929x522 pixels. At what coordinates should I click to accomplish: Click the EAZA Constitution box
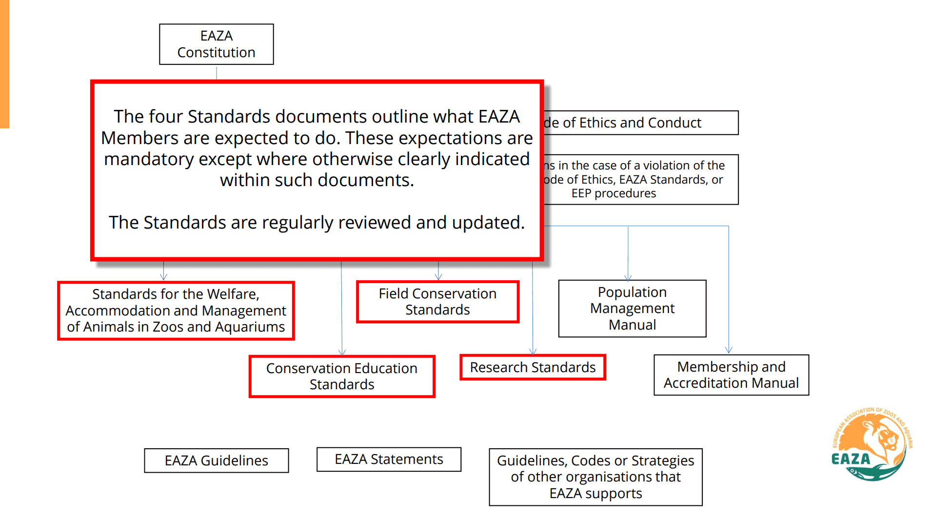216,44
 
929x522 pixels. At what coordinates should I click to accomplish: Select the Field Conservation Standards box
437,301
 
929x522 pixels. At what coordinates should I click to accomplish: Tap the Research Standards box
533,367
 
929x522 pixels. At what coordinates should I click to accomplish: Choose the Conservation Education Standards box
341,376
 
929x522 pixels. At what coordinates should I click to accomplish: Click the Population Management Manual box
632,308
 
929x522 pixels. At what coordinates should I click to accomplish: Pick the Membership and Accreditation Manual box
731,375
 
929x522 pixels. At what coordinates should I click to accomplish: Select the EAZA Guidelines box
216,460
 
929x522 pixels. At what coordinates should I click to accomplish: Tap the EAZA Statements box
389,459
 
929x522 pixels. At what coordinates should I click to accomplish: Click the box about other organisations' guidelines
595,477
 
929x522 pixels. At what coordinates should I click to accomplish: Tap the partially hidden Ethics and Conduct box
641,123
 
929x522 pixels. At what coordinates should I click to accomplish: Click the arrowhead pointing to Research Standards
533,351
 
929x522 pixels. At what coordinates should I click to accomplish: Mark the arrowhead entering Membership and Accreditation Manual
729,350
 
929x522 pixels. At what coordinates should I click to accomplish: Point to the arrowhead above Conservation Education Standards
342,352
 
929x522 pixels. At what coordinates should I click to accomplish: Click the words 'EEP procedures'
613,193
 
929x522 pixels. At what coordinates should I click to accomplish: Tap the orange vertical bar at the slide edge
4,63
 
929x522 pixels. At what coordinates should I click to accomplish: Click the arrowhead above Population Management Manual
628,277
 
